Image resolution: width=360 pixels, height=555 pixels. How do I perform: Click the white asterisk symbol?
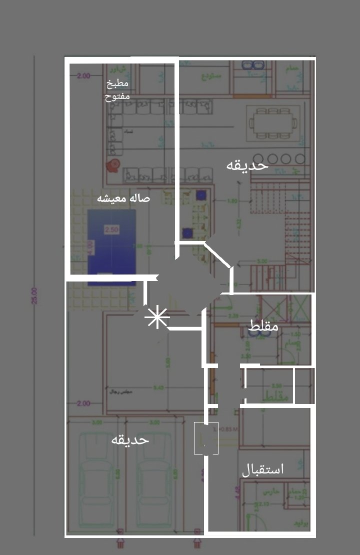[x=157, y=318]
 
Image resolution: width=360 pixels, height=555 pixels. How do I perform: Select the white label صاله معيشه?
[x=123, y=198]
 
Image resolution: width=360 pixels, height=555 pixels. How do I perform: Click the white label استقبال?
[x=262, y=469]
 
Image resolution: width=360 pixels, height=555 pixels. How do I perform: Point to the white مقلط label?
[x=263, y=326]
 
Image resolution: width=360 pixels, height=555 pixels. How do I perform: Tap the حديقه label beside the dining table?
[x=247, y=165]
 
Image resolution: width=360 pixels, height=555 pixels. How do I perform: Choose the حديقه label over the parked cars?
[x=130, y=439]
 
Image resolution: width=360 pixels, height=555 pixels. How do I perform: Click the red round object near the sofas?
[x=113, y=164]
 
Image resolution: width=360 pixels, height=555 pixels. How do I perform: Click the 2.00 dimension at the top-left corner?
[x=83, y=76]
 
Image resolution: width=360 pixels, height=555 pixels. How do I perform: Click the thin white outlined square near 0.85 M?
[x=206, y=438]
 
